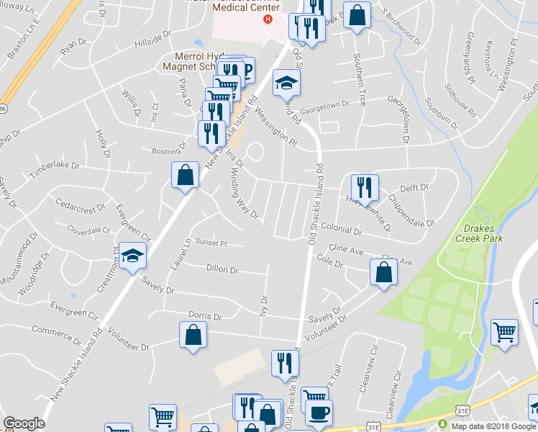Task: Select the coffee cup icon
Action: (x=319, y=413)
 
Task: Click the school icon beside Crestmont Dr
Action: (x=132, y=256)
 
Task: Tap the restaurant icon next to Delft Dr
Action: (x=365, y=188)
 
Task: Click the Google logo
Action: (x=24, y=423)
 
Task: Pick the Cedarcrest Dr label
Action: (x=80, y=210)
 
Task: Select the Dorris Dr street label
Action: (x=204, y=316)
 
